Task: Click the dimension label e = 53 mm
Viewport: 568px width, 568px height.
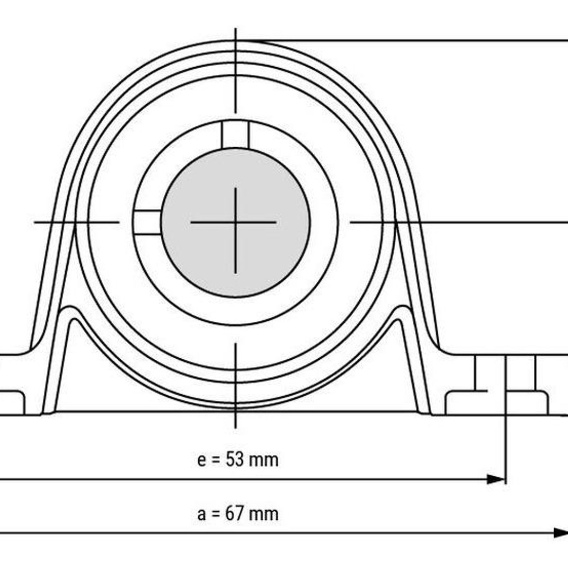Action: point(238,460)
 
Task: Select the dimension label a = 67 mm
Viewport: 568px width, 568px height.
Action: point(238,514)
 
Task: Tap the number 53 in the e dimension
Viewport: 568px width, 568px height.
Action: point(235,460)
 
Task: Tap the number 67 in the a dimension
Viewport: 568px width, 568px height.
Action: point(235,514)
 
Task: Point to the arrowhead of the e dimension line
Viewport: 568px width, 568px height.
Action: point(497,479)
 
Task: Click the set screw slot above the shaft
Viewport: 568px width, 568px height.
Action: point(235,134)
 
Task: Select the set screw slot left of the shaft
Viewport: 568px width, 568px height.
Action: point(147,222)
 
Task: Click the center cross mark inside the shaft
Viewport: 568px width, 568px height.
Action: point(235,222)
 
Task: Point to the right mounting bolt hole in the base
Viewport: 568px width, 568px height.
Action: point(506,379)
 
